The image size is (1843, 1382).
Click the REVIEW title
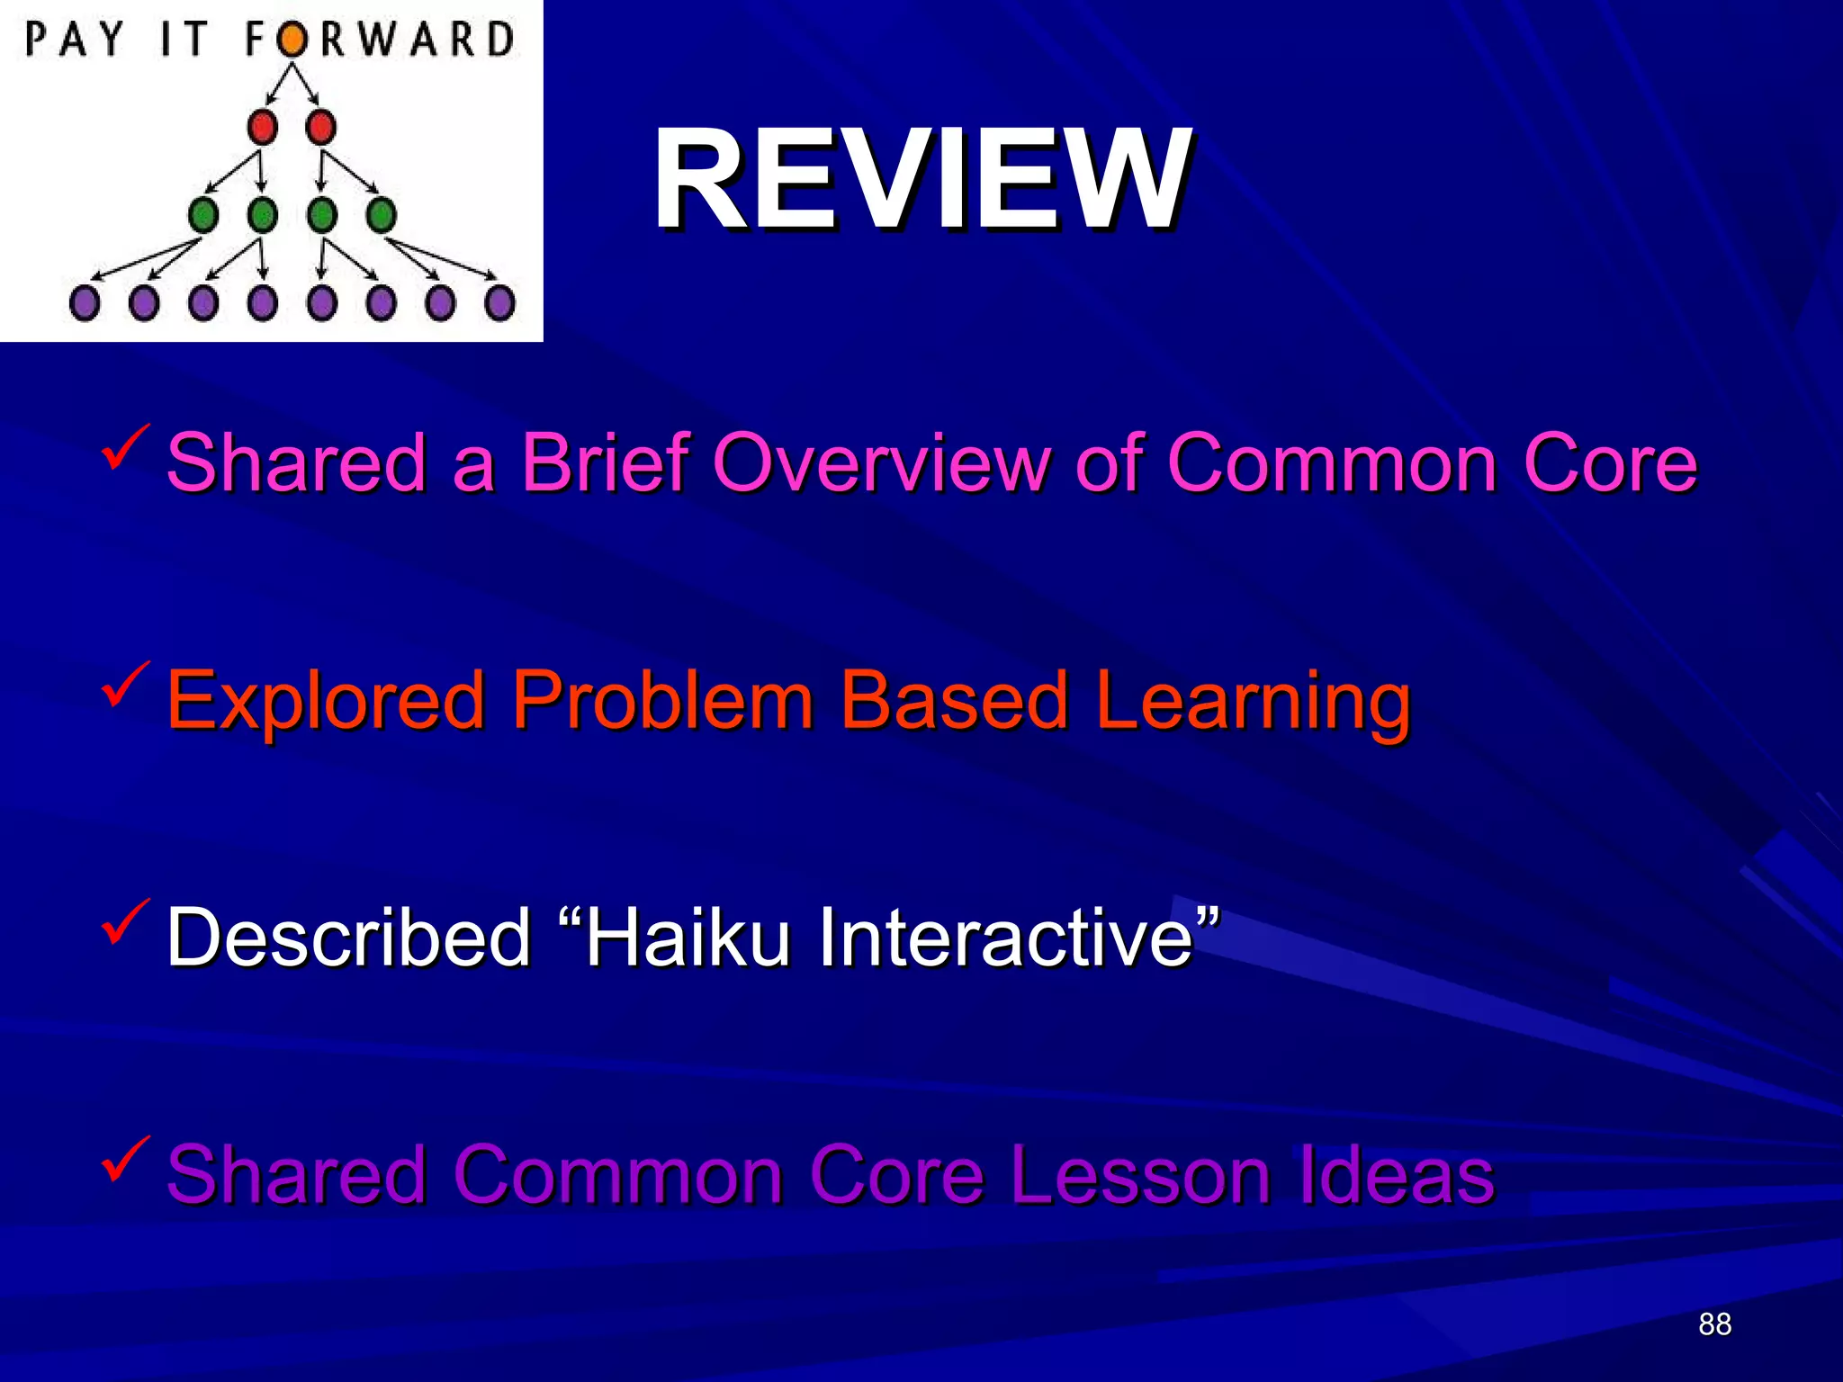[922, 180]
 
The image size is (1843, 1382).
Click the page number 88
[1714, 1324]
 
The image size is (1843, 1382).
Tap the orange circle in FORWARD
[291, 40]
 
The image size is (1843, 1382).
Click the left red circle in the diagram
[263, 127]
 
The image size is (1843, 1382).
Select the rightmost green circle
[381, 215]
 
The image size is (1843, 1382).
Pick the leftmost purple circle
[85, 303]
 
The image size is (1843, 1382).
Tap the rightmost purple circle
[499, 303]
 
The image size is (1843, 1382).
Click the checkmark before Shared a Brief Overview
[124, 447]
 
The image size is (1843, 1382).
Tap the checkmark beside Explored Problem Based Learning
[124, 685]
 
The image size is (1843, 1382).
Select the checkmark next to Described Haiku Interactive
[124, 921]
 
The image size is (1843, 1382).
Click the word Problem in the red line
[662, 701]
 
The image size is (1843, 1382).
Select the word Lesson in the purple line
[1139, 1175]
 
